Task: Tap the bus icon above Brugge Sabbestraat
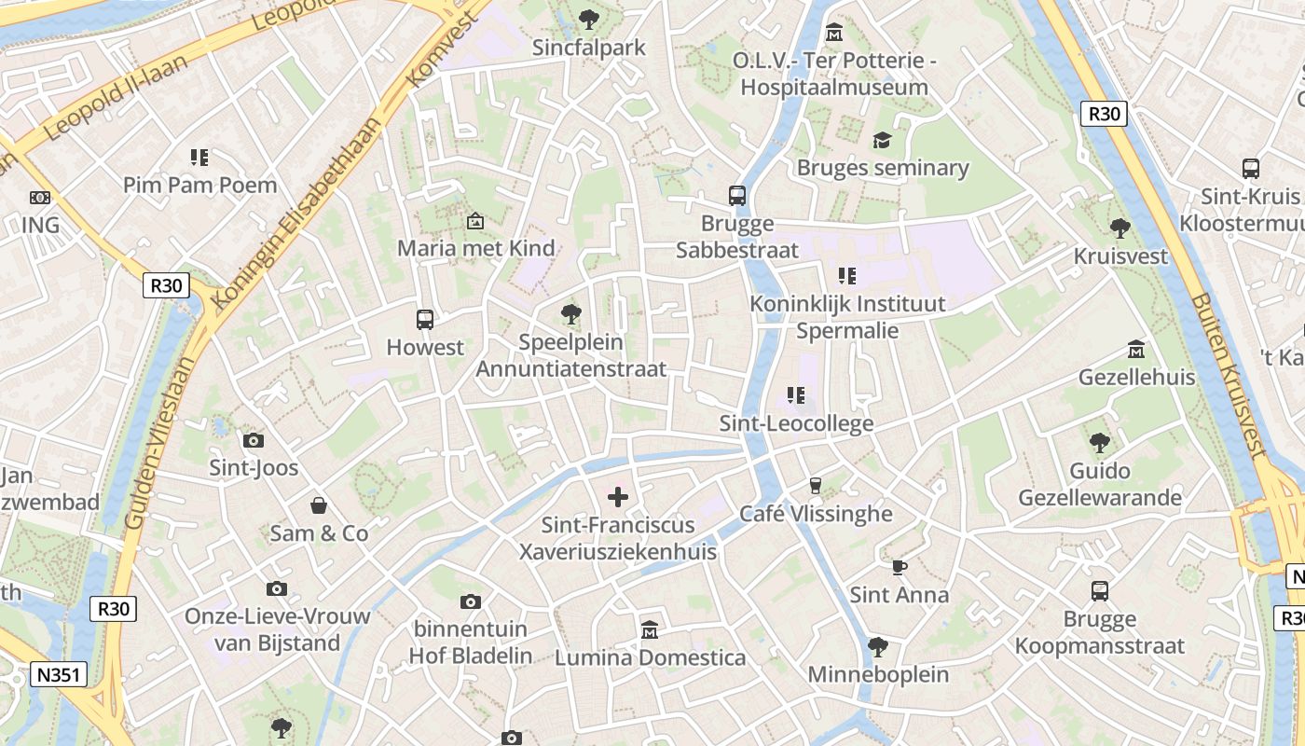tap(737, 196)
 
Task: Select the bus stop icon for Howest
tap(425, 320)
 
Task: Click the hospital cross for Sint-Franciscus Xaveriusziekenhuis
tap(618, 498)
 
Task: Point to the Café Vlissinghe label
tap(816, 514)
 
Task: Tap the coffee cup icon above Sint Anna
tap(900, 567)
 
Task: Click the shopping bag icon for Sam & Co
tap(319, 505)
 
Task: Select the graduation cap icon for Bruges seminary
tap(882, 141)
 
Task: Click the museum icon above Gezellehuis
tap(1136, 350)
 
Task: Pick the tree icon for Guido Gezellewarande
tap(1100, 442)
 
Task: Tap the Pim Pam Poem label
tap(200, 186)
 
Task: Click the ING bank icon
tap(39, 198)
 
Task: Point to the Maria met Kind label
tap(475, 248)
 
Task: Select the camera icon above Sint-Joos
tap(253, 440)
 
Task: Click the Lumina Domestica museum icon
tap(650, 630)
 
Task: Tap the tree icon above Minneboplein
tap(877, 646)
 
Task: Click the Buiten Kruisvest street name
tap(1229, 376)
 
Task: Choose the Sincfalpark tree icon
tap(588, 19)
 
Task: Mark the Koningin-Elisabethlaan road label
tap(296, 214)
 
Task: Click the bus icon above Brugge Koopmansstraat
tap(1100, 590)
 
